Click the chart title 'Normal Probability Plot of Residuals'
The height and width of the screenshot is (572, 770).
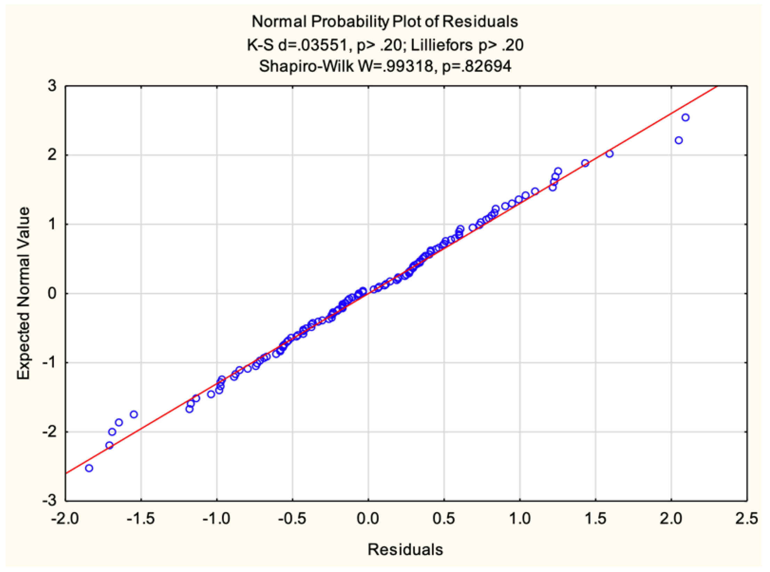coord(385,22)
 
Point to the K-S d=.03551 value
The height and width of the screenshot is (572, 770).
coord(297,45)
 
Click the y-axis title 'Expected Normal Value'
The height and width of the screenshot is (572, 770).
coord(24,293)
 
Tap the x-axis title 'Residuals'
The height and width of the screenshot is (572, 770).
coord(405,549)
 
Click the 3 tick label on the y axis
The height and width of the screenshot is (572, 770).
coord(52,86)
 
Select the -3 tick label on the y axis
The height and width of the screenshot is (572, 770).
coord(49,500)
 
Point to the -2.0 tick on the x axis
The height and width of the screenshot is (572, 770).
coord(65,518)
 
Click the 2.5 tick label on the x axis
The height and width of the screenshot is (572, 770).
coord(746,518)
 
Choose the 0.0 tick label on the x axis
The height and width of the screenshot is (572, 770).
coord(368,518)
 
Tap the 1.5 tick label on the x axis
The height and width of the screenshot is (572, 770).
coord(595,518)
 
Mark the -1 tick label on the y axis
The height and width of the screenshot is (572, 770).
coord(49,362)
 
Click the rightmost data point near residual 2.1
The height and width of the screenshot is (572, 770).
coord(685,118)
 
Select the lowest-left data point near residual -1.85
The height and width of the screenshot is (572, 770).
coord(89,468)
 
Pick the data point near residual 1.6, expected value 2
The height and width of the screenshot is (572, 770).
coord(609,154)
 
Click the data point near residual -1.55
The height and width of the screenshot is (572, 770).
coord(134,414)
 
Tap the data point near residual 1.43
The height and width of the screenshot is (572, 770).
coord(585,163)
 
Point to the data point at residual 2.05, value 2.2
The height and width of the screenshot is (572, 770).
coord(679,141)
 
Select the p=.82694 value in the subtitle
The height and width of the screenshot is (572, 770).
coord(476,66)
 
